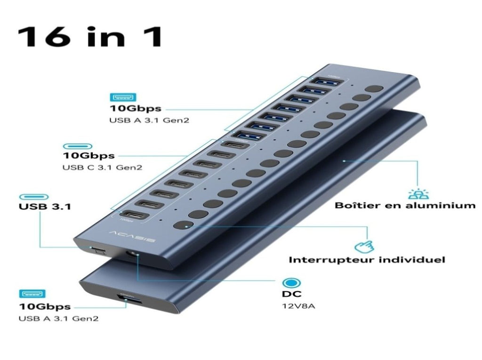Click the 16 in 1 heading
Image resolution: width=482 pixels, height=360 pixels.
(x=90, y=37)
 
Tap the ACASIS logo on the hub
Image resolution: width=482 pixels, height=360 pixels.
(x=132, y=236)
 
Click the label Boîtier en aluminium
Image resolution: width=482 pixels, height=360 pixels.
(x=405, y=205)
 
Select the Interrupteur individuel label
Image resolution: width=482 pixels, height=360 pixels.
(x=367, y=260)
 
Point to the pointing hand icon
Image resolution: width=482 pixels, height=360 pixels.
(x=364, y=246)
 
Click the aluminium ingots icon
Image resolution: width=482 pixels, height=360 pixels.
(x=418, y=193)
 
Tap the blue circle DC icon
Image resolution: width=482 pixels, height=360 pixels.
(x=291, y=283)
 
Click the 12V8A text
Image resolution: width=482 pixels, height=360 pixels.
(x=298, y=306)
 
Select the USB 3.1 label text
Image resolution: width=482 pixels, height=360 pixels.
(x=45, y=206)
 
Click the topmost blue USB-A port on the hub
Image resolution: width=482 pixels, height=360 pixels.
(x=327, y=82)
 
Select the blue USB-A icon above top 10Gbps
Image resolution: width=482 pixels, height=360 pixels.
(x=123, y=97)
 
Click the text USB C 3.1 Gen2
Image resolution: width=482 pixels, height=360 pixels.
(x=102, y=168)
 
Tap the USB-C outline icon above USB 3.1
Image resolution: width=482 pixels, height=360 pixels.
(x=34, y=197)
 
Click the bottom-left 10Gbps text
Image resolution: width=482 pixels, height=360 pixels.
(x=45, y=306)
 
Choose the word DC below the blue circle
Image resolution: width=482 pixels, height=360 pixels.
(x=292, y=294)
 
